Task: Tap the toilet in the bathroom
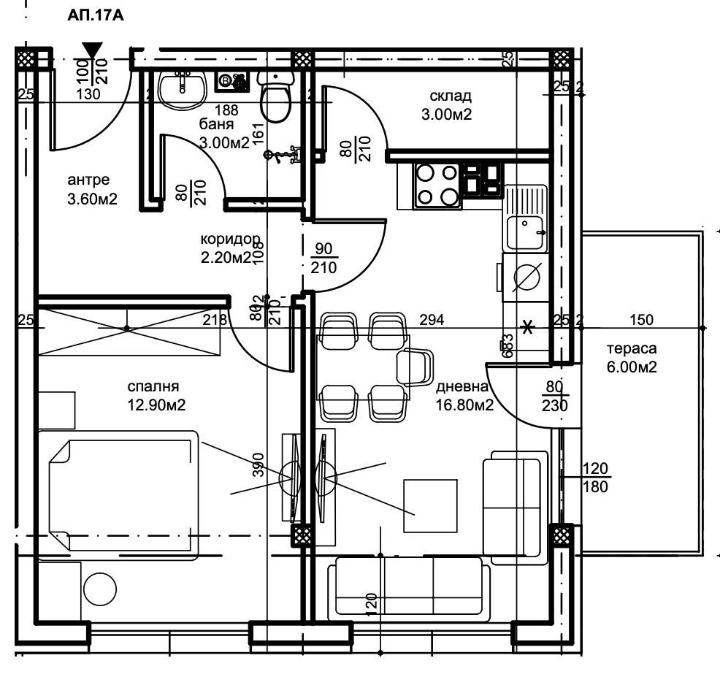coord(276,98)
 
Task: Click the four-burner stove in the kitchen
coord(437,185)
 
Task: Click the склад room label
coord(451,104)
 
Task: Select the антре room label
coord(91,188)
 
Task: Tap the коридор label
coord(229,248)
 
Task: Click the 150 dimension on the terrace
coord(643,319)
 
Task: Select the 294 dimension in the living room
coord(431,319)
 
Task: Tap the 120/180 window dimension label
coord(596,477)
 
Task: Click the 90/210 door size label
coord(323,259)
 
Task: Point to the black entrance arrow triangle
coord(91,50)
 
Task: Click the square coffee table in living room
coord(431,506)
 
